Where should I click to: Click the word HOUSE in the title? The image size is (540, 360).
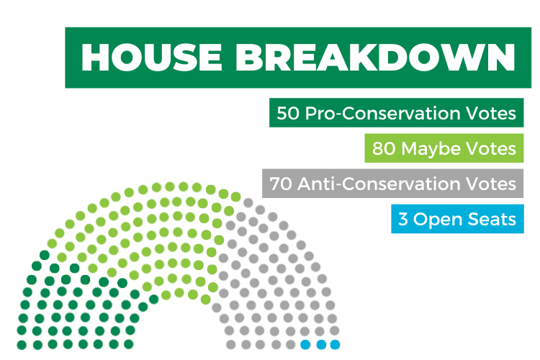151,58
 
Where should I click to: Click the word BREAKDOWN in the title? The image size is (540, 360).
375,58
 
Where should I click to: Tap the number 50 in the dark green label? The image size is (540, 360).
288,113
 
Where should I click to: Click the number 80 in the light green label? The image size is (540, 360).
383,148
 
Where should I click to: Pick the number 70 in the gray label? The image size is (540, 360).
280,184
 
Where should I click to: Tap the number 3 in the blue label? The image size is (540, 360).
402,219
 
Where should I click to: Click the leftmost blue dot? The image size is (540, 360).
305,344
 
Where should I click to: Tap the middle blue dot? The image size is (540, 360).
321,344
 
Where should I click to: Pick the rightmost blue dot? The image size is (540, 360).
335,344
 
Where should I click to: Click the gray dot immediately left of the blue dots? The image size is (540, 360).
291,344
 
